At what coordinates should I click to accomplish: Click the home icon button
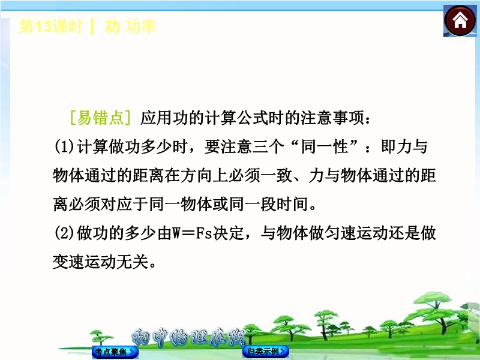[x=460, y=21]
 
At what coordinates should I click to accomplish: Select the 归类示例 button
[x=266, y=351]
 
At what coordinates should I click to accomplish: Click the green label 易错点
[x=100, y=118]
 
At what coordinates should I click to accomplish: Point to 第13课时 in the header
[x=51, y=26]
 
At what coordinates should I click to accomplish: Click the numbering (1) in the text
[x=64, y=146]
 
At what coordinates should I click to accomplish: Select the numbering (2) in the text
[x=64, y=233]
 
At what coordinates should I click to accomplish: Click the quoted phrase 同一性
[x=325, y=146]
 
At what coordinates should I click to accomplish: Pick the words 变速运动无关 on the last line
[x=101, y=262]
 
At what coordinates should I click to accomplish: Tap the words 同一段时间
[x=268, y=204]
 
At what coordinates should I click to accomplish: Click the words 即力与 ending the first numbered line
[x=404, y=146]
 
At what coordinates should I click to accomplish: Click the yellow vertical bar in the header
[x=92, y=26]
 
